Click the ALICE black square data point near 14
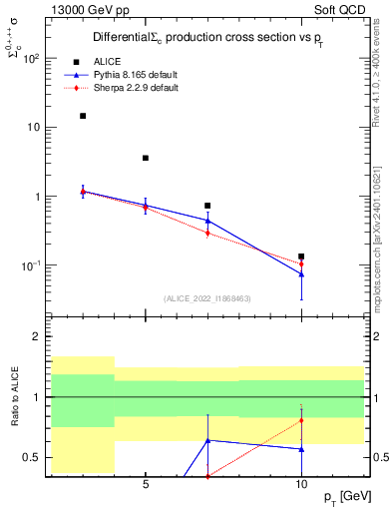[83, 116]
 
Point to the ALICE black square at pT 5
[146, 158]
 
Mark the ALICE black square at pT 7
[207, 206]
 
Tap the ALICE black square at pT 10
[301, 256]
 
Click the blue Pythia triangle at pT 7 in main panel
[207, 221]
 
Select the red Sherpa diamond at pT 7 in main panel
[207, 234]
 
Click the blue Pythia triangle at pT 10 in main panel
[301, 273]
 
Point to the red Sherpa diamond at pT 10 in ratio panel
[301, 421]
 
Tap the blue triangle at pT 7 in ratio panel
[207, 440]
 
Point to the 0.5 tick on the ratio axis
[30, 457]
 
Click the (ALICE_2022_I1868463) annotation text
[207, 298]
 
